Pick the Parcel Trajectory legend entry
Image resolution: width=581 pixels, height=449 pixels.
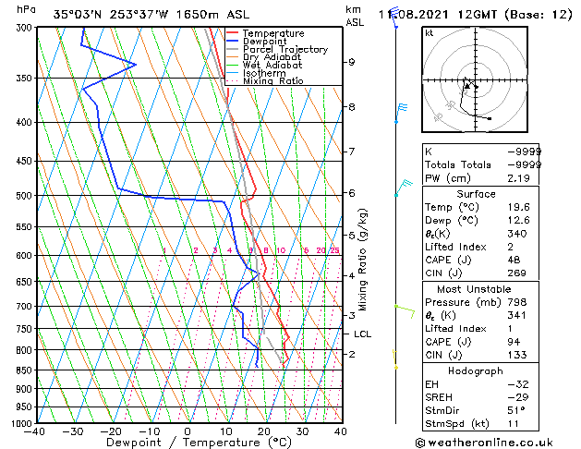pos(284,50)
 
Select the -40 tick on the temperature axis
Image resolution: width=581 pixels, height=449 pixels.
pos(35,431)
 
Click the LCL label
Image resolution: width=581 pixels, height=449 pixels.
pos(362,334)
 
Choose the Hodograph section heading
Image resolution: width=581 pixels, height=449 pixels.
pos(477,370)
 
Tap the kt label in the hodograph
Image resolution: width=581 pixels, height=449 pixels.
pos(430,33)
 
